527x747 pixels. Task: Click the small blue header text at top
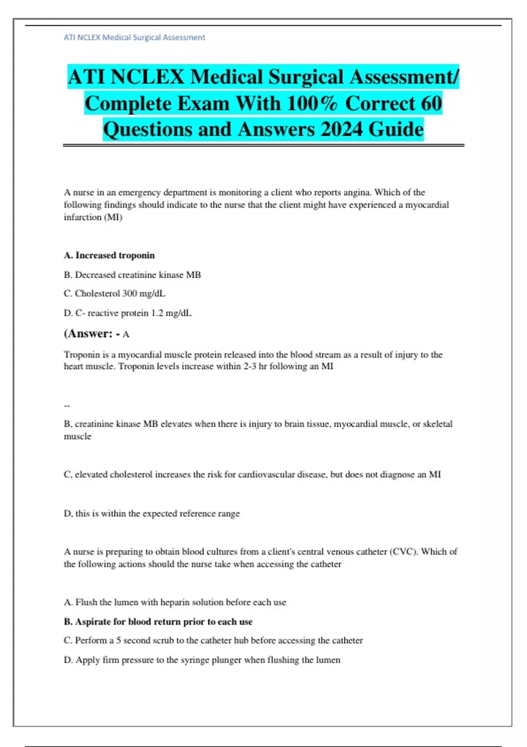tap(134, 38)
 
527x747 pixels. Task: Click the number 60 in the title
tap(431, 103)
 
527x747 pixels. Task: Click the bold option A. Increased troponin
tap(109, 255)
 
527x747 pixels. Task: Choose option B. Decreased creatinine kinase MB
tap(132, 275)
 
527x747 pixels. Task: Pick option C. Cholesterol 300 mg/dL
tap(115, 294)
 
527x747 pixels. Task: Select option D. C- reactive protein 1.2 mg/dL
tap(128, 313)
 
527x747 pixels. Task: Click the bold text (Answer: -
tap(92, 334)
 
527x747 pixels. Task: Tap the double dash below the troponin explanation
tap(67, 406)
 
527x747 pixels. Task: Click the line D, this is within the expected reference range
tap(152, 513)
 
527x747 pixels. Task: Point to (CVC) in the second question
tap(403, 551)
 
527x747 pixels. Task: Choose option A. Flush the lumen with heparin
tap(175, 602)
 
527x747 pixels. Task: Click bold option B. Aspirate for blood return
tap(158, 622)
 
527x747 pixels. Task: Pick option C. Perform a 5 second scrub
tap(213, 640)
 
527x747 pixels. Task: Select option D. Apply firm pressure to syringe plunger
tap(202, 660)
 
